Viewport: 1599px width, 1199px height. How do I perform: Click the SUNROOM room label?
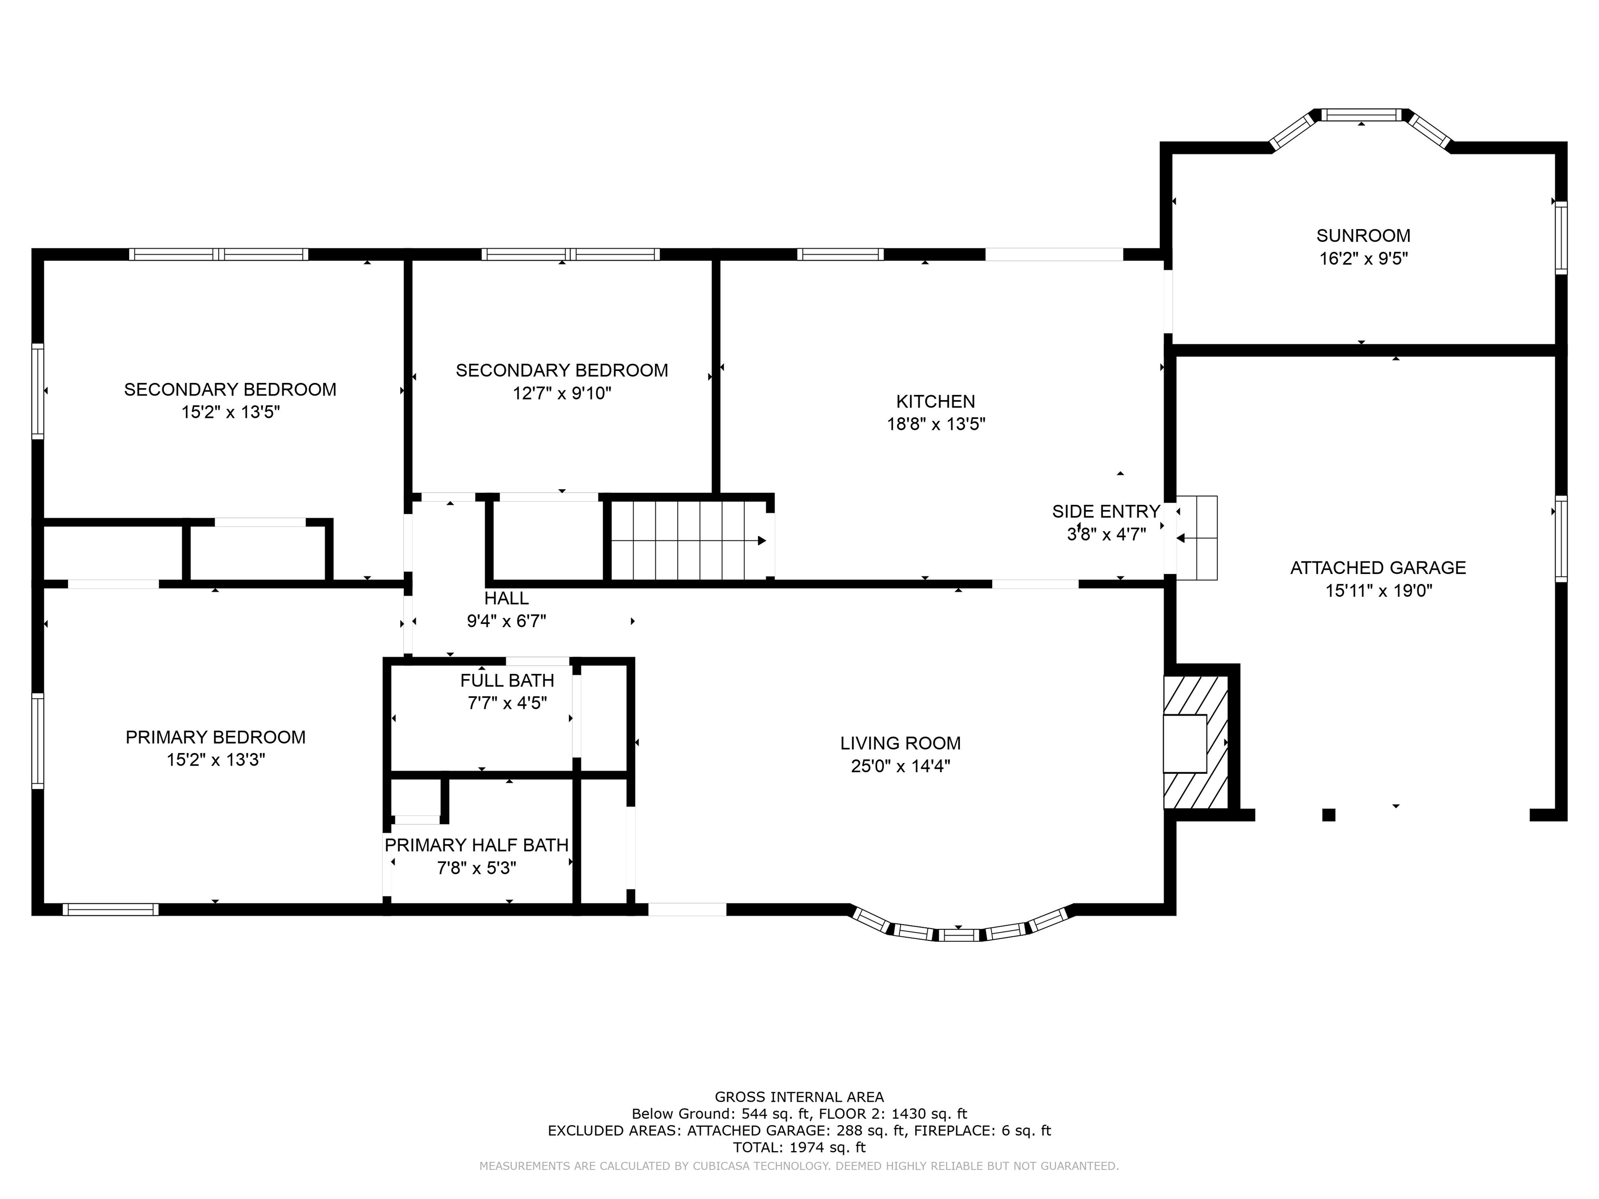point(1363,236)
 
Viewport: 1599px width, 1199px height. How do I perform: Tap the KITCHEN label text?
point(935,401)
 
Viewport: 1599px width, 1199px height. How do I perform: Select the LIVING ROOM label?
point(900,743)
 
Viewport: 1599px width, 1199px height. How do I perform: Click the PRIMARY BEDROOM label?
point(215,737)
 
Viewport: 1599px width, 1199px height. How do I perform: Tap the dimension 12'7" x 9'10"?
point(562,393)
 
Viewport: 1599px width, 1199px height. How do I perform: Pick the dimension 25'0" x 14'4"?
point(900,766)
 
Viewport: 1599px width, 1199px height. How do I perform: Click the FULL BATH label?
point(507,680)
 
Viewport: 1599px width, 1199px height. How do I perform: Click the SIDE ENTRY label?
point(1106,511)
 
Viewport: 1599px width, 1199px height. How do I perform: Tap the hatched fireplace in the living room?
point(1196,742)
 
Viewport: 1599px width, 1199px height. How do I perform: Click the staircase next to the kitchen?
point(688,540)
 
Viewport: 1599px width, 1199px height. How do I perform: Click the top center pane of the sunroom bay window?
point(1361,114)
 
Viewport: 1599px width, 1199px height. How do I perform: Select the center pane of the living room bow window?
point(959,935)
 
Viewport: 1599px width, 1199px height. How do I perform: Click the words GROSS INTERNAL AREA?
point(799,1097)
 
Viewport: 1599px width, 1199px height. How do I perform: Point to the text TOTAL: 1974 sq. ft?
point(799,1147)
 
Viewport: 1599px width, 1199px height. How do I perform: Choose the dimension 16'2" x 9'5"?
point(1363,258)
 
